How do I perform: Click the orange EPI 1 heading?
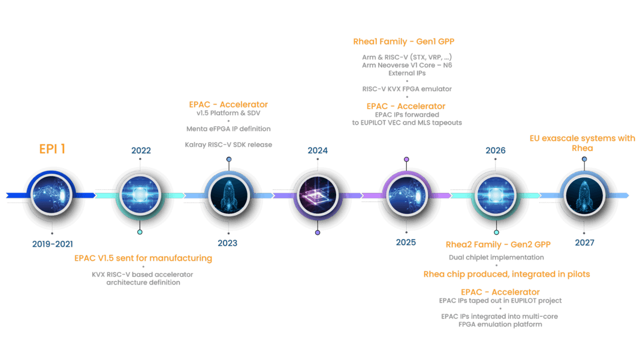(x=52, y=149)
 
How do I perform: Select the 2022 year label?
(x=141, y=150)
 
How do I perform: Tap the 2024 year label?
(x=318, y=150)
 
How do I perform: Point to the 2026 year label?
(x=496, y=150)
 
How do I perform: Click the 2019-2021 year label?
(x=53, y=244)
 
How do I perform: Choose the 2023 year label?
(x=227, y=243)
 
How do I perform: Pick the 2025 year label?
(x=406, y=243)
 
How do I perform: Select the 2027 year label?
(x=584, y=243)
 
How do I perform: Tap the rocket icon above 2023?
(x=229, y=195)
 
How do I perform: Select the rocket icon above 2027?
(x=584, y=195)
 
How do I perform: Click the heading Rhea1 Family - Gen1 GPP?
(x=404, y=42)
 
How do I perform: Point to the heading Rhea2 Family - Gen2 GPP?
(x=498, y=244)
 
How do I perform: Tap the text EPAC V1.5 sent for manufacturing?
(x=143, y=258)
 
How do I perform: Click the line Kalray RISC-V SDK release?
(x=228, y=144)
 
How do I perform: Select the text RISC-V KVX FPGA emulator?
(x=407, y=89)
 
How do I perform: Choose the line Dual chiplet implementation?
(x=496, y=257)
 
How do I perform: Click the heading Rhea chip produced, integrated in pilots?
(x=506, y=274)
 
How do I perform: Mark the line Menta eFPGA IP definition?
(x=228, y=129)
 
